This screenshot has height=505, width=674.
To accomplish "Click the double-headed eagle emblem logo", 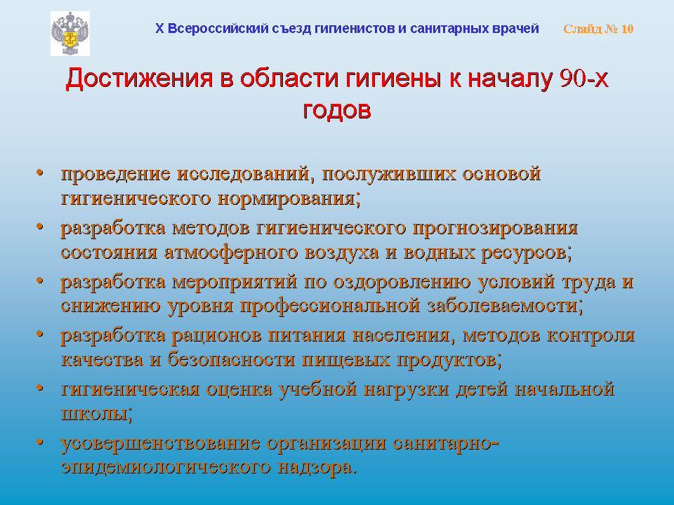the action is (70, 34).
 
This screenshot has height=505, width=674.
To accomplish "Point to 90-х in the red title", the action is (584, 78).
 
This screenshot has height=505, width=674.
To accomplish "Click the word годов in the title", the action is (336, 110).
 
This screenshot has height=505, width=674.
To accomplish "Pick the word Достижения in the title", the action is (139, 79).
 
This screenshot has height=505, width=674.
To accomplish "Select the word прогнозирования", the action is (495, 228).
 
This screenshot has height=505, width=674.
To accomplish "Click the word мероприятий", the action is (234, 282).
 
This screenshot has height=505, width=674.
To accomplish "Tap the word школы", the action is (96, 414).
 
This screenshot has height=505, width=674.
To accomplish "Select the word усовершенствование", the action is (160, 443).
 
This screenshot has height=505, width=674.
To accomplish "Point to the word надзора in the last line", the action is (317, 466).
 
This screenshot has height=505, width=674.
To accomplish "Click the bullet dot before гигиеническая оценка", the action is (40, 388).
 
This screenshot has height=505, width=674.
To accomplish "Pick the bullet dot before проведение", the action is (40, 173).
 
